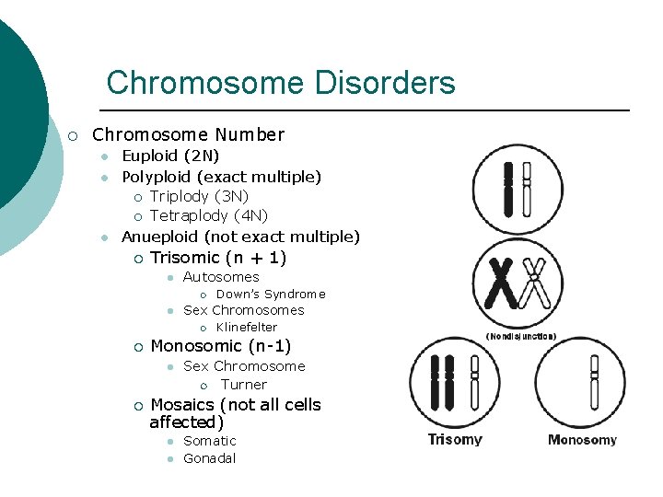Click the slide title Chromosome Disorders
[x=281, y=83]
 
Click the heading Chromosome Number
[x=188, y=134]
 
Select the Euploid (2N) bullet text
[x=170, y=156]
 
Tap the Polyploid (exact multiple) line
[x=221, y=176]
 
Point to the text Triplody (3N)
[x=199, y=196]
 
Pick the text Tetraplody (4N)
[x=208, y=215]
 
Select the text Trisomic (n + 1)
[x=218, y=258]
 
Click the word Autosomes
[x=221, y=277]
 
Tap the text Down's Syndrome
[x=270, y=295]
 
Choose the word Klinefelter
[x=246, y=327]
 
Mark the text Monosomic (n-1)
[x=220, y=346]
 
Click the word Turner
[x=244, y=385]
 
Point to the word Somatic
[x=210, y=441]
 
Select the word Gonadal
[x=210, y=458]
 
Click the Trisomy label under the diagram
[x=455, y=440]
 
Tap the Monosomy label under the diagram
[x=582, y=440]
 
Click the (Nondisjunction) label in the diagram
[x=520, y=337]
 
